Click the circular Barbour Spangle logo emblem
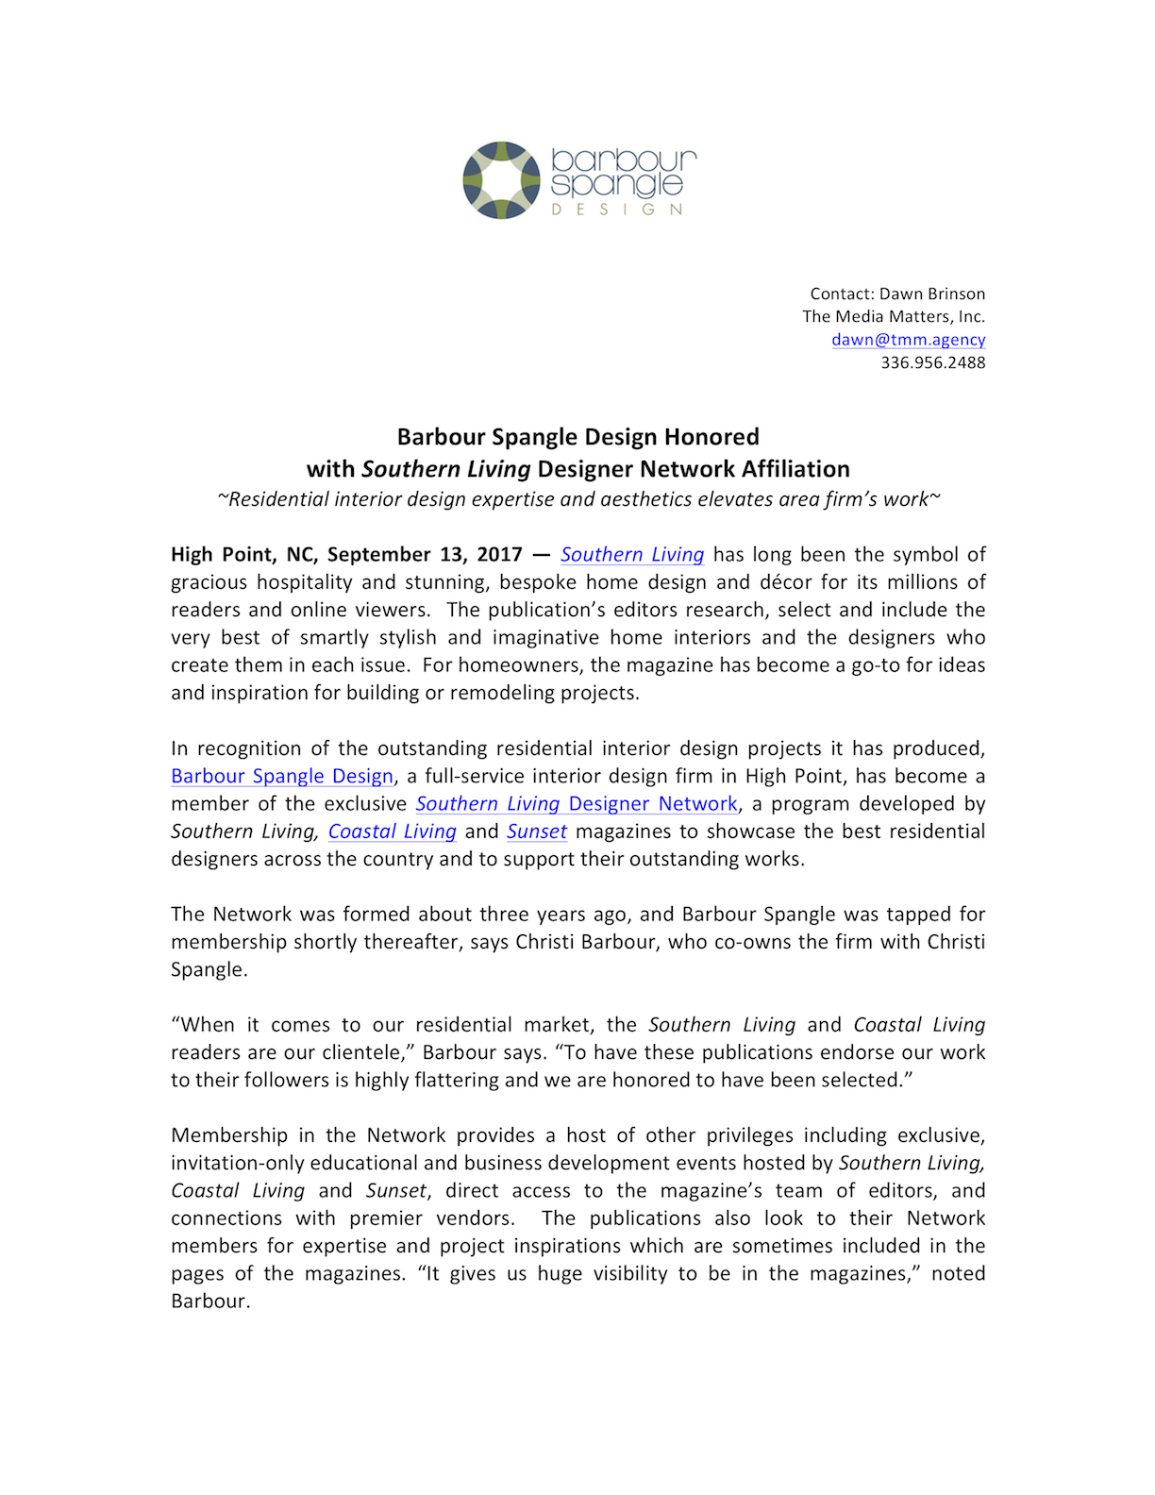tap(502, 180)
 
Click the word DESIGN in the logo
tap(617, 210)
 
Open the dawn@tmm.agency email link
tap(908, 340)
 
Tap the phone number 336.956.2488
tap(932, 362)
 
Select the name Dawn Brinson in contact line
tap(931, 294)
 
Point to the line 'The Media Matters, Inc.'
tap(893, 316)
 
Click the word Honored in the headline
tap(711, 437)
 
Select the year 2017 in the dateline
tap(499, 554)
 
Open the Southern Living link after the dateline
tap(632, 554)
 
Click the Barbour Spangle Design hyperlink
tap(281, 776)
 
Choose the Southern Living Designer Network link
tap(576, 803)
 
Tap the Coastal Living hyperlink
tap(392, 831)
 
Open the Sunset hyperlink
tap(536, 831)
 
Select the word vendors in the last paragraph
tap(476, 1218)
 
